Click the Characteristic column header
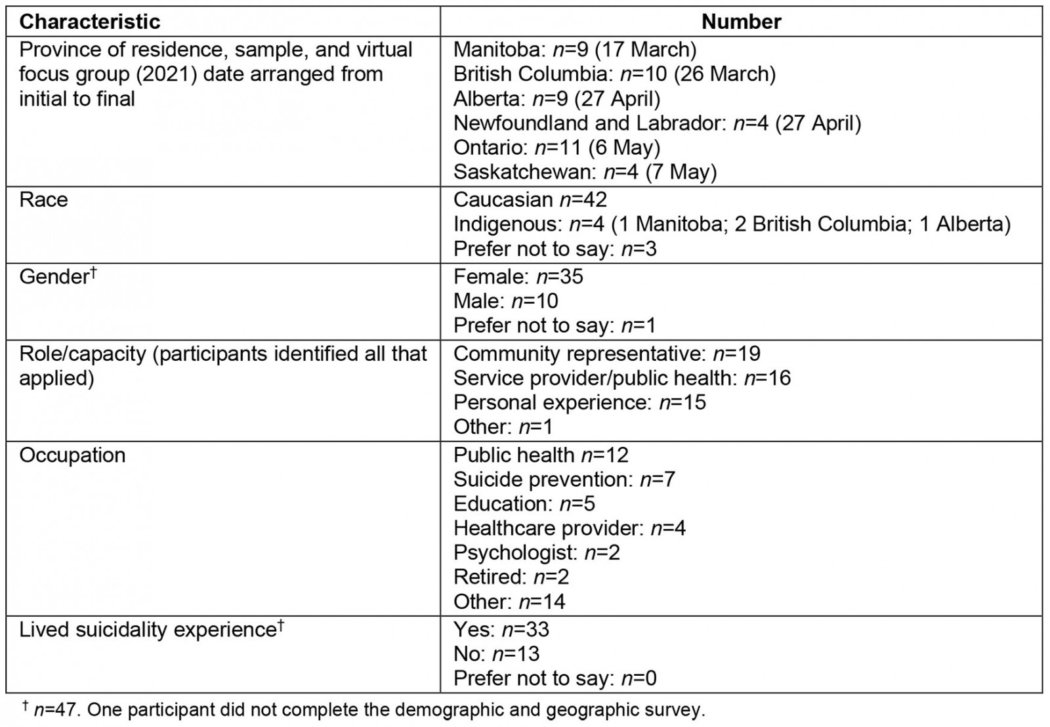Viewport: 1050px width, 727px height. [x=89, y=22]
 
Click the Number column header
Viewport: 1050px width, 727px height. [x=741, y=22]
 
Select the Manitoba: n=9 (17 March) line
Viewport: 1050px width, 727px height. [x=575, y=50]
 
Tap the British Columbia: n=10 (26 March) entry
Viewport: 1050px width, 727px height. [x=614, y=74]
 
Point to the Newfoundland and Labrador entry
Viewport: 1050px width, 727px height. [x=657, y=123]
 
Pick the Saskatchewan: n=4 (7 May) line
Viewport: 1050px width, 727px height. [x=585, y=172]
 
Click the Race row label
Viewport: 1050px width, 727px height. [x=43, y=199]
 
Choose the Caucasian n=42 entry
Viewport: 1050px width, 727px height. [x=530, y=199]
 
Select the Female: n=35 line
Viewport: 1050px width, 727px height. [x=518, y=276]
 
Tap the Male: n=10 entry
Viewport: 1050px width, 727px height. [x=505, y=301]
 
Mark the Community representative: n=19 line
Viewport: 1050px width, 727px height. [x=606, y=354]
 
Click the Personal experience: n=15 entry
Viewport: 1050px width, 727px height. [x=579, y=402]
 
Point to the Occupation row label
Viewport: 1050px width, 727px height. [x=72, y=455]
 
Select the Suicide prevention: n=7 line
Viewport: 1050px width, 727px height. [x=564, y=480]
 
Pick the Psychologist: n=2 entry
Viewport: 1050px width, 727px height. [x=536, y=552]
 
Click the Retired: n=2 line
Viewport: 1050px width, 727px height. [x=511, y=577]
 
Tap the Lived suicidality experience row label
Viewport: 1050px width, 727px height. [x=151, y=630]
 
